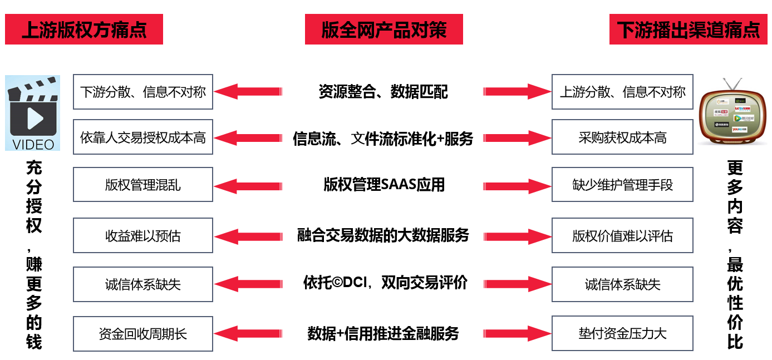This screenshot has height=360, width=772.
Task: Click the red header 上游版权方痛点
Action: tap(84, 29)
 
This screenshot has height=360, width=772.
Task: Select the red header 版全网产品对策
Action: tap(383, 29)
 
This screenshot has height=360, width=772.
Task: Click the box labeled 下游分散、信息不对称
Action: tap(143, 92)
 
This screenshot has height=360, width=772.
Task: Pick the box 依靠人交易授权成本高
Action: tap(143, 137)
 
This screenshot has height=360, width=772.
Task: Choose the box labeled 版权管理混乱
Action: tap(143, 184)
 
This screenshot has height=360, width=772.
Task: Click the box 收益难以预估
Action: tap(143, 236)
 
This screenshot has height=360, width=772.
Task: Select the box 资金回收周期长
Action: tap(143, 333)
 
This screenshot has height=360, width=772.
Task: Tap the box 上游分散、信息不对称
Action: tap(622, 92)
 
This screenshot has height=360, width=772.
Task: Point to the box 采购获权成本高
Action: tap(622, 137)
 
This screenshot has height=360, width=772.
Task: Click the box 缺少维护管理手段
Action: tap(622, 184)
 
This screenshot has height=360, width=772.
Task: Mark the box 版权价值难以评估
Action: tap(622, 236)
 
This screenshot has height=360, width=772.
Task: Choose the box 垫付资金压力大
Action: tap(622, 333)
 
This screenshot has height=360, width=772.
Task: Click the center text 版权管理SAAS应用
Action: tap(384, 184)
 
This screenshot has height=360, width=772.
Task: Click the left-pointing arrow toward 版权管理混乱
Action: tap(248, 185)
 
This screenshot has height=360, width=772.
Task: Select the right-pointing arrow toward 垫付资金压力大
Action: tap(517, 334)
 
